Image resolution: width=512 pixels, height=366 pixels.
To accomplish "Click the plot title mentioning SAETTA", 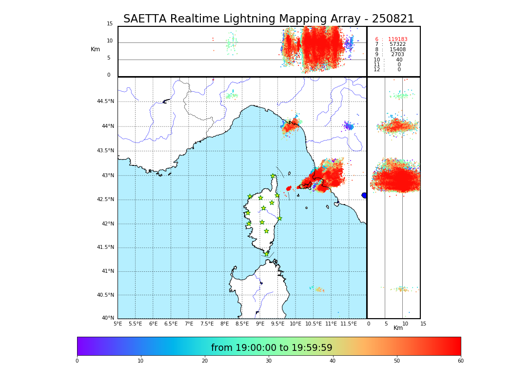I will [x=268, y=19].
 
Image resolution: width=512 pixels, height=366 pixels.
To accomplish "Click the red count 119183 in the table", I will [x=397, y=40].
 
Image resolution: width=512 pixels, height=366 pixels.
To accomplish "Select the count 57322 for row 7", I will [x=397, y=44].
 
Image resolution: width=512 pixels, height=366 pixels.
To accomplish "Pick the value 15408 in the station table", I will [x=397, y=50].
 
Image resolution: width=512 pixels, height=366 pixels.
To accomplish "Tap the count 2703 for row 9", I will [x=397, y=55].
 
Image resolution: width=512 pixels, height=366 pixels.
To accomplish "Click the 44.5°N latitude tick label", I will [x=105, y=102].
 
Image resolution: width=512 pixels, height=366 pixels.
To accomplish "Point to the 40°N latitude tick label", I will [x=108, y=318].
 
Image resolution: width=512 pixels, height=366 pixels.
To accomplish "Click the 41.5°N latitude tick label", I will [x=105, y=247].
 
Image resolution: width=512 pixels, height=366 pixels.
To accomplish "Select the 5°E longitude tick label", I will [x=118, y=324].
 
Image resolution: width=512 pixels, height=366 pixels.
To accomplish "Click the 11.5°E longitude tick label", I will [x=349, y=324].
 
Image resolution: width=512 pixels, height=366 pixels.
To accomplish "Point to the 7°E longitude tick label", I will [x=189, y=324].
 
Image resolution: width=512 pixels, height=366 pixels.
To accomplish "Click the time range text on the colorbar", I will [x=272, y=348].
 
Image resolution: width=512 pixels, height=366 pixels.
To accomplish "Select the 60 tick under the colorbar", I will [x=460, y=361].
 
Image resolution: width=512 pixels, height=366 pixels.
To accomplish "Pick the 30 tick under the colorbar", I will [x=269, y=361].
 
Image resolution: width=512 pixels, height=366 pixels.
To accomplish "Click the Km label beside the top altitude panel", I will [x=95, y=49].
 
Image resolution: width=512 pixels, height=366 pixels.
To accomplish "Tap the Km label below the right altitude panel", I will [x=398, y=328].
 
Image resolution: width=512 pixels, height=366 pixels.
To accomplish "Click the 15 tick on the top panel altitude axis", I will [x=110, y=24].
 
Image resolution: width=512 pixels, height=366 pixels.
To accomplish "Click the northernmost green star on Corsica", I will [x=273, y=176].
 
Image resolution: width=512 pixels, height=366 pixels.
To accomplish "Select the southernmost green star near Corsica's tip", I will [x=266, y=254].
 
